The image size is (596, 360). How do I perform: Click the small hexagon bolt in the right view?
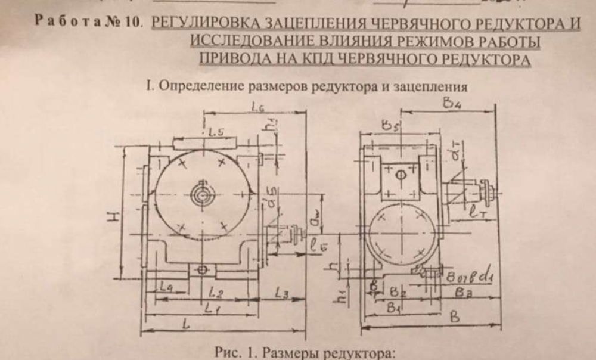(x=401, y=174)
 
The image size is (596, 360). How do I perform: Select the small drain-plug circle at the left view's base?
(x=203, y=270)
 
